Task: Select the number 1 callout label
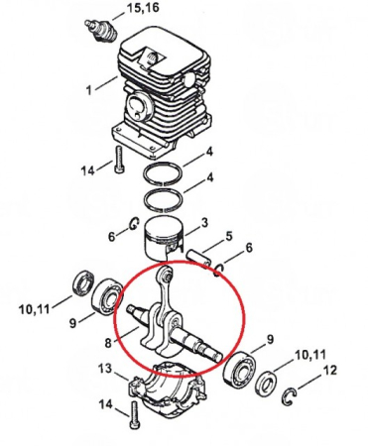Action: (89, 91)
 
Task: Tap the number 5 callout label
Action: (229, 237)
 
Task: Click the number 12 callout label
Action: (330, 371)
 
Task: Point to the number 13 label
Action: (102, 369)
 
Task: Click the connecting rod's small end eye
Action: (166, 274)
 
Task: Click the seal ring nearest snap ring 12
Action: (266, 385)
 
